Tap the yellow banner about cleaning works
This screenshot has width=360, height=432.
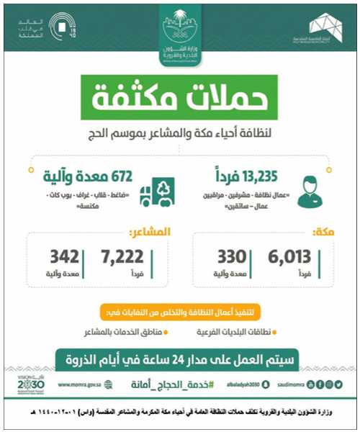point(179,312)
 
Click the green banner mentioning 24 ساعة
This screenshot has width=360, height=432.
point(179,358)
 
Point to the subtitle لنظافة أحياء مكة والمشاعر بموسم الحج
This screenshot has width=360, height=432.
point(179,130)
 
